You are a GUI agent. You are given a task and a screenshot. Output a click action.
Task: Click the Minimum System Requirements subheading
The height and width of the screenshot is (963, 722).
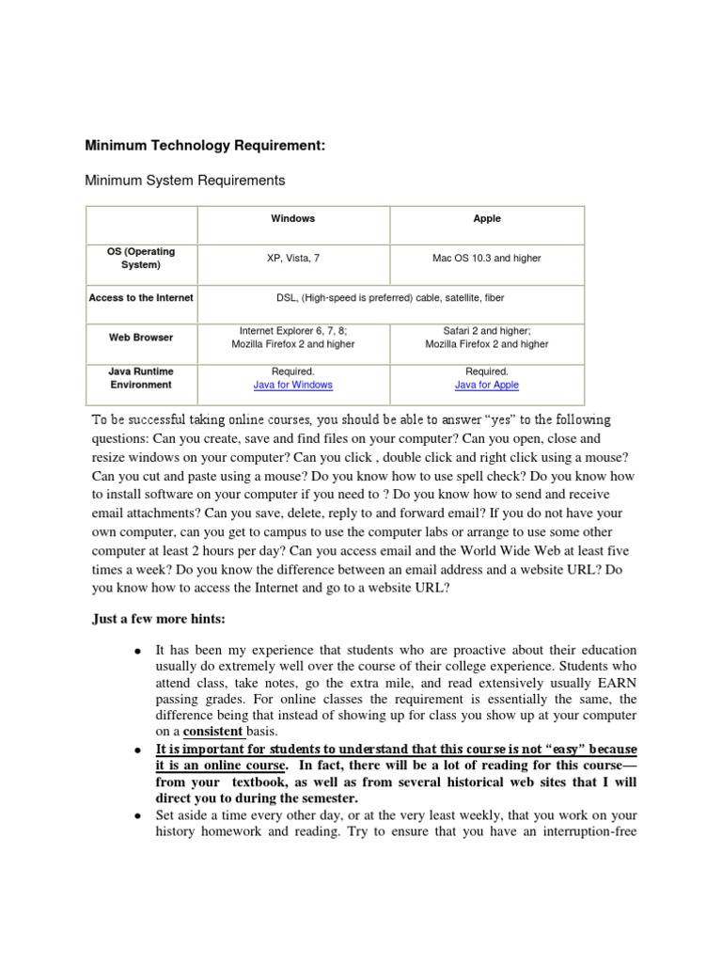coord(185,180)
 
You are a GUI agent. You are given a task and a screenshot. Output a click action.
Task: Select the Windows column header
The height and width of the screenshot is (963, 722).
coord(293,218)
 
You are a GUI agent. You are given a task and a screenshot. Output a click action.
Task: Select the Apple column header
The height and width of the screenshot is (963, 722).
coord(487,218)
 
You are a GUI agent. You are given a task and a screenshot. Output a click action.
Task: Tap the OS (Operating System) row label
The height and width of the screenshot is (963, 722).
coord(141,259)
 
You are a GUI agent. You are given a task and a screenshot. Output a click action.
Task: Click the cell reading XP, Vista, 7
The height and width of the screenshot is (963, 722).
coord(293,259)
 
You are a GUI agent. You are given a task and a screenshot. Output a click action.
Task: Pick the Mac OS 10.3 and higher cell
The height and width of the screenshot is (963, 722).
coord(487,259)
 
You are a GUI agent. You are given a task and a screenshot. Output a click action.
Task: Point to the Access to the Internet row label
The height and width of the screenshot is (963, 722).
coord(141,298)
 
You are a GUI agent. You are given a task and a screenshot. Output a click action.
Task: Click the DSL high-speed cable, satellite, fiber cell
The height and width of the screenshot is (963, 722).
coord(389,298)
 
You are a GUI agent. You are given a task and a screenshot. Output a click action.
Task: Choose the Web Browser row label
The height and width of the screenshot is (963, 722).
coord(141,337)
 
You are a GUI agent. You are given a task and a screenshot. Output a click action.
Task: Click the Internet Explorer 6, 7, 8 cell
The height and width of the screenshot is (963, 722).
coord(293,338)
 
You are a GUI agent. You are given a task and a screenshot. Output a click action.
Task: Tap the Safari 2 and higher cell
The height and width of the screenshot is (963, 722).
coord(487,338)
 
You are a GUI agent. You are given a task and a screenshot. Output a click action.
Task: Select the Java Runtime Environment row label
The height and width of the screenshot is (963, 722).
coord(141,378)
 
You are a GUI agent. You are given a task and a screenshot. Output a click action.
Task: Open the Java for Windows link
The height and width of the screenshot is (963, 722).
coord(293,385)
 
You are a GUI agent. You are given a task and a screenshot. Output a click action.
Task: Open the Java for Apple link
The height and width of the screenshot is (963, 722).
coord(487,385)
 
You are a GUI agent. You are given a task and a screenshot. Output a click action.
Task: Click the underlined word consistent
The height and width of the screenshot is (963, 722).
coord(212,731)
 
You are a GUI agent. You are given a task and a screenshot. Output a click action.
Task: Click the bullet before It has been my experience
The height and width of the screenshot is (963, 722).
coord(138,652)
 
